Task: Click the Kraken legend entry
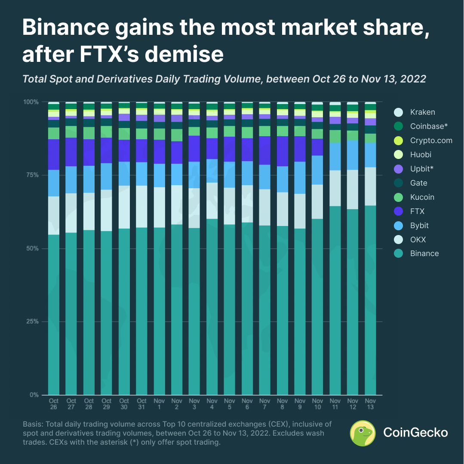tap(415, 112)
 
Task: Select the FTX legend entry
tap(409, 211)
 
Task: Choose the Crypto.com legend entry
tap(423, 140)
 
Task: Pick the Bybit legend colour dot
tap(399, 226)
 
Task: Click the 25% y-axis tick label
tap(32, 321)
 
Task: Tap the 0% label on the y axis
tap(34, 395)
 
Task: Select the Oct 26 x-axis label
tap(54, 404)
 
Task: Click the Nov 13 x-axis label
tap(370, 404)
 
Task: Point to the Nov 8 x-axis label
tap(282, 404)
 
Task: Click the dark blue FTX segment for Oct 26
tap(54, 155)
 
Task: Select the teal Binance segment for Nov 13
tap(370, 300)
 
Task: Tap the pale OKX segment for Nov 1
tap(159, 208)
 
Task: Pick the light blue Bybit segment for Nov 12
tap(352, 155)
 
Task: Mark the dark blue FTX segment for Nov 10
tap(317, 147)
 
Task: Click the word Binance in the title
tap(66, 27)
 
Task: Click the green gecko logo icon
tap(363, 433)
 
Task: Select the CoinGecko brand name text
tap(415, 433)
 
